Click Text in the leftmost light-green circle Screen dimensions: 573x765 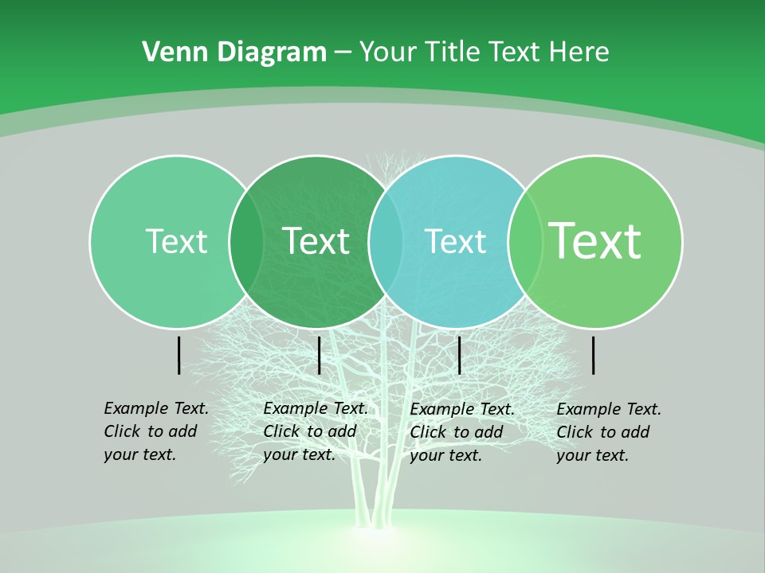[176, 241]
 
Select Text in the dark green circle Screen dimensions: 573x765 [316, 241]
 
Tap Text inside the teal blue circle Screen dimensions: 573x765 [456, 241]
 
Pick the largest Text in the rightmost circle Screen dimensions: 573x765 [595, 240]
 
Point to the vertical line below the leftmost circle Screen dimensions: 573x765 [178, 355]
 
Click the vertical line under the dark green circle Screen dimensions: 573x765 [319, 355]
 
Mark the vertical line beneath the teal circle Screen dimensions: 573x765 [459, 355]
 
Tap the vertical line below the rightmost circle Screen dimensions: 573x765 [593, 355]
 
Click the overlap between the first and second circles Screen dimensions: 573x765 [246, 242]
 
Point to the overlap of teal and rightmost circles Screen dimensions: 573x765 [524, 242]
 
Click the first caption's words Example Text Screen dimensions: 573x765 [156, 408]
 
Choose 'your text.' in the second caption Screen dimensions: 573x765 [299, 454]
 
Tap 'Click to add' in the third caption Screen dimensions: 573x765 [457, 431]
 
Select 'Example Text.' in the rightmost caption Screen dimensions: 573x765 [609, 409]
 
